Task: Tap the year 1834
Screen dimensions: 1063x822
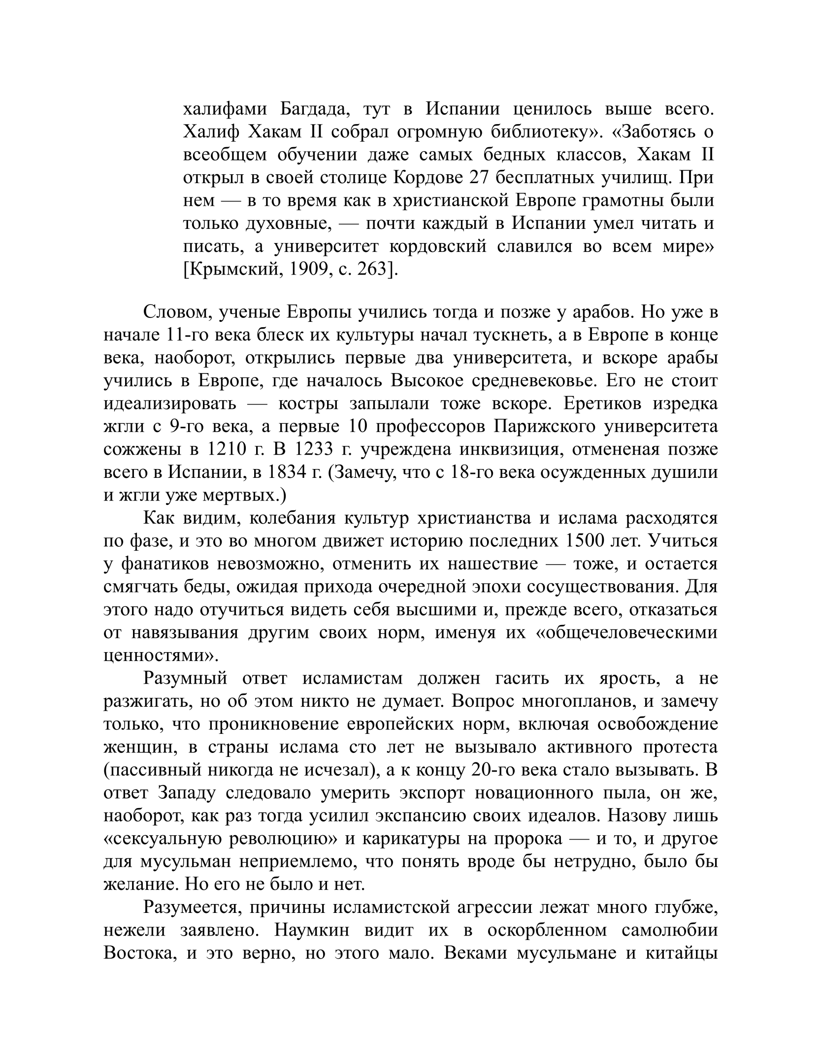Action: pyautogui.click(x=285, y=472)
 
